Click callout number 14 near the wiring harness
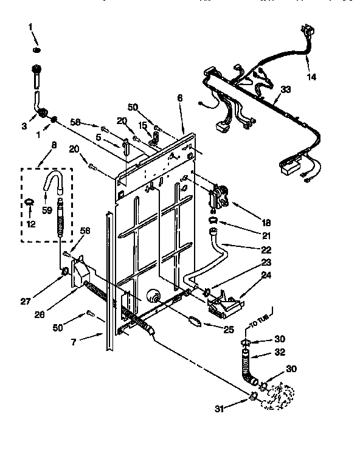tap(311, 77)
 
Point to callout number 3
tap(24, 126)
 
